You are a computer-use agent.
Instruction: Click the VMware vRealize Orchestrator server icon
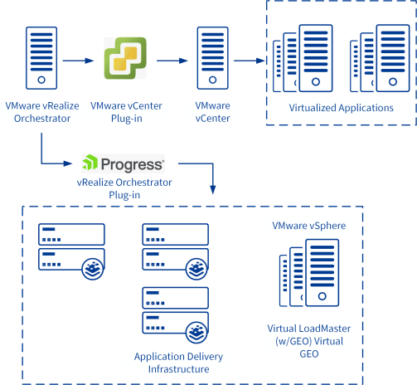tap(41, 58)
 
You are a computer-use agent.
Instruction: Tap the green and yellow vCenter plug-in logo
tap(125, 58)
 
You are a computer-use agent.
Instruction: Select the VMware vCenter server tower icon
tap(212, 58)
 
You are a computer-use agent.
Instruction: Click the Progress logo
tap(124, 163)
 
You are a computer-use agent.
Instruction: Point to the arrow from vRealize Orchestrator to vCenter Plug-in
tap(78, 61)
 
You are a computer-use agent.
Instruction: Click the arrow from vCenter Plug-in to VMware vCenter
tap(172, 61)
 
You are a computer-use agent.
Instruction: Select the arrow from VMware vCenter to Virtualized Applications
tap(250, 61)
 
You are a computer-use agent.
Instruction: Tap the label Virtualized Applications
tap(342, 108)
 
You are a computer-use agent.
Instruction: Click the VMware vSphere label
tap(309, 226)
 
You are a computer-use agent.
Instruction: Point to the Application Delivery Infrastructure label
tap(178, 363)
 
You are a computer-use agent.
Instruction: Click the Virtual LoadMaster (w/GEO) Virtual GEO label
tap(309, 341)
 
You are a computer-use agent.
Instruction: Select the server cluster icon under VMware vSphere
tap(309, 273)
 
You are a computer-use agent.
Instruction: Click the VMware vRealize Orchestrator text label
tap(42, 112)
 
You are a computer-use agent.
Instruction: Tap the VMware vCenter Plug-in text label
tap(126, 112)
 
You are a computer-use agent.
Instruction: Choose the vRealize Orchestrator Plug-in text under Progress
tap(124, 188)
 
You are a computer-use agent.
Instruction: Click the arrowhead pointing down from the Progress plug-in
tap(213, 190)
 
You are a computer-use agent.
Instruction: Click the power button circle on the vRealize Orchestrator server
tap(41, 80)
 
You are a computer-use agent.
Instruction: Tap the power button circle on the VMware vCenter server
tap(212, 80)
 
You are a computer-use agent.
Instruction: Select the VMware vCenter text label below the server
tap(212, 112)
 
